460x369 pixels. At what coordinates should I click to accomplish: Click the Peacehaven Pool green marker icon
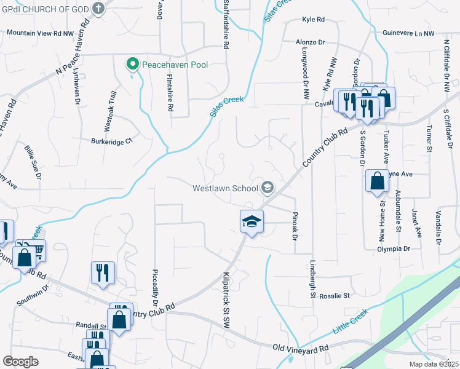tap(132, 64)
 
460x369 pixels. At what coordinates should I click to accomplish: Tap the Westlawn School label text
tap(225, 188)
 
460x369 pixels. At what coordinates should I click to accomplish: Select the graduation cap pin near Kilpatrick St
tap(252, 221)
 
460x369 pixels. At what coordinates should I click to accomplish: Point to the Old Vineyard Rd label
tap(301, 348)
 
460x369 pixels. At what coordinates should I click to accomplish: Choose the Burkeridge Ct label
tap(112, 141)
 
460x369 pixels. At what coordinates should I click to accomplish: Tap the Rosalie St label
tap(334, 295)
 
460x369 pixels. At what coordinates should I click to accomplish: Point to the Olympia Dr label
tap(394, 248)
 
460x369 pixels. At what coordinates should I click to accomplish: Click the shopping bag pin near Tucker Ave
tap(377, 181)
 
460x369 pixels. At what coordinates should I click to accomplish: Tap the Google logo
tap(20, 362)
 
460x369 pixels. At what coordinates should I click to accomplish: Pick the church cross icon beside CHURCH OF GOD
tap(98, 9)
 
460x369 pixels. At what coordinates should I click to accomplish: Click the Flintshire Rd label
tap(170, 92)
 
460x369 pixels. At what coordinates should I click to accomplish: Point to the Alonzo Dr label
tap(310, 42)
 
